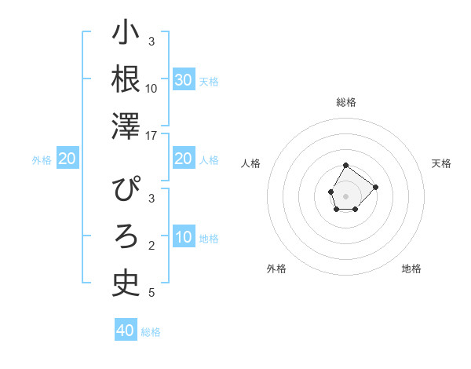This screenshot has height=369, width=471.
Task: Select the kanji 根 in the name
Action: [x=126, y=79]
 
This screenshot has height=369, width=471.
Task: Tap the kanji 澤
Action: [x=126, y=126]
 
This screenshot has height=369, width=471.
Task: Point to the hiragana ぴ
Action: [x=126, y=191]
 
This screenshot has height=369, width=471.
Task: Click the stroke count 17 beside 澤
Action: [x=152, y=136]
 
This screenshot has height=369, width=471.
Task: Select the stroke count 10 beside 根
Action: [x=152, y=89]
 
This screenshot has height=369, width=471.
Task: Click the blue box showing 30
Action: [x=184, y=80]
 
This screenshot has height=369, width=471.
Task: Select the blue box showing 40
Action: [x=126, y=331]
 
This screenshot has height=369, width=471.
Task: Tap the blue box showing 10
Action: [x=184, y=238]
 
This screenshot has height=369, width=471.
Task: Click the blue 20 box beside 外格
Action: [x=68, y=159]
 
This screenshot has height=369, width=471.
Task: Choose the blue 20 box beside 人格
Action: [x=184, y=159]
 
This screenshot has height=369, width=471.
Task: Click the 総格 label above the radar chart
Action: [x=346, y=102]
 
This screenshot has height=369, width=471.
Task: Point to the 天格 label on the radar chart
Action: [x=442, y=163]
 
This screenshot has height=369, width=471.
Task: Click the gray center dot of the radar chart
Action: [x=346, y=195]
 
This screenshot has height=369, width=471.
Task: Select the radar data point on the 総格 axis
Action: [x=346, y=165]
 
